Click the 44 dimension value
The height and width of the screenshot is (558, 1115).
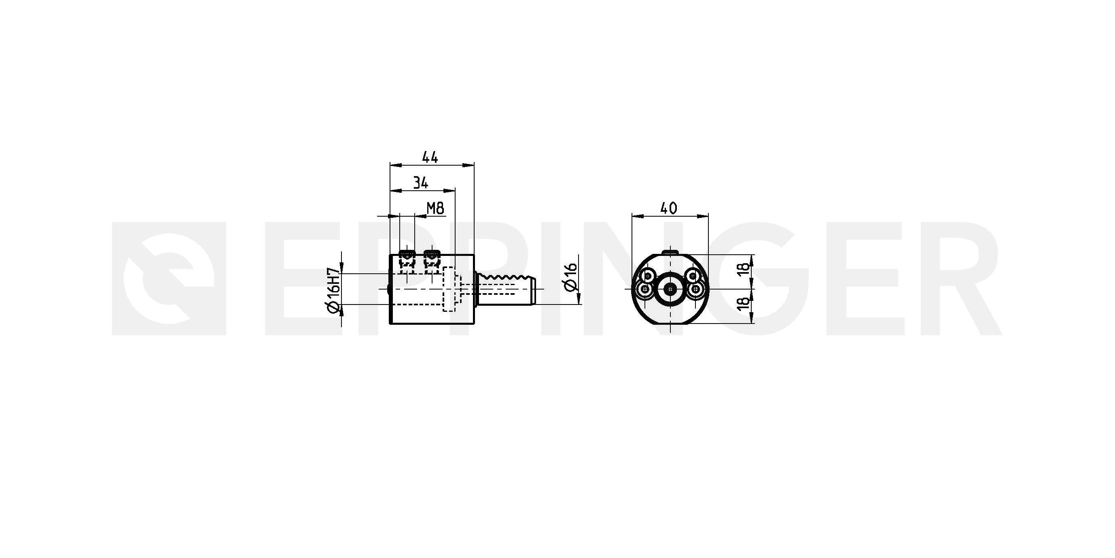[x=430, y=157]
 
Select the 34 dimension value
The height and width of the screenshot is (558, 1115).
[x=420, y=183]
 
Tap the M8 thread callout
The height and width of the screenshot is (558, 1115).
[x=435, y=209]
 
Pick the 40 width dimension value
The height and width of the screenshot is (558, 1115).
[x=669, y=209]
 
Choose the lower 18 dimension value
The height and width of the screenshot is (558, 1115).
[x=743, y=303]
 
